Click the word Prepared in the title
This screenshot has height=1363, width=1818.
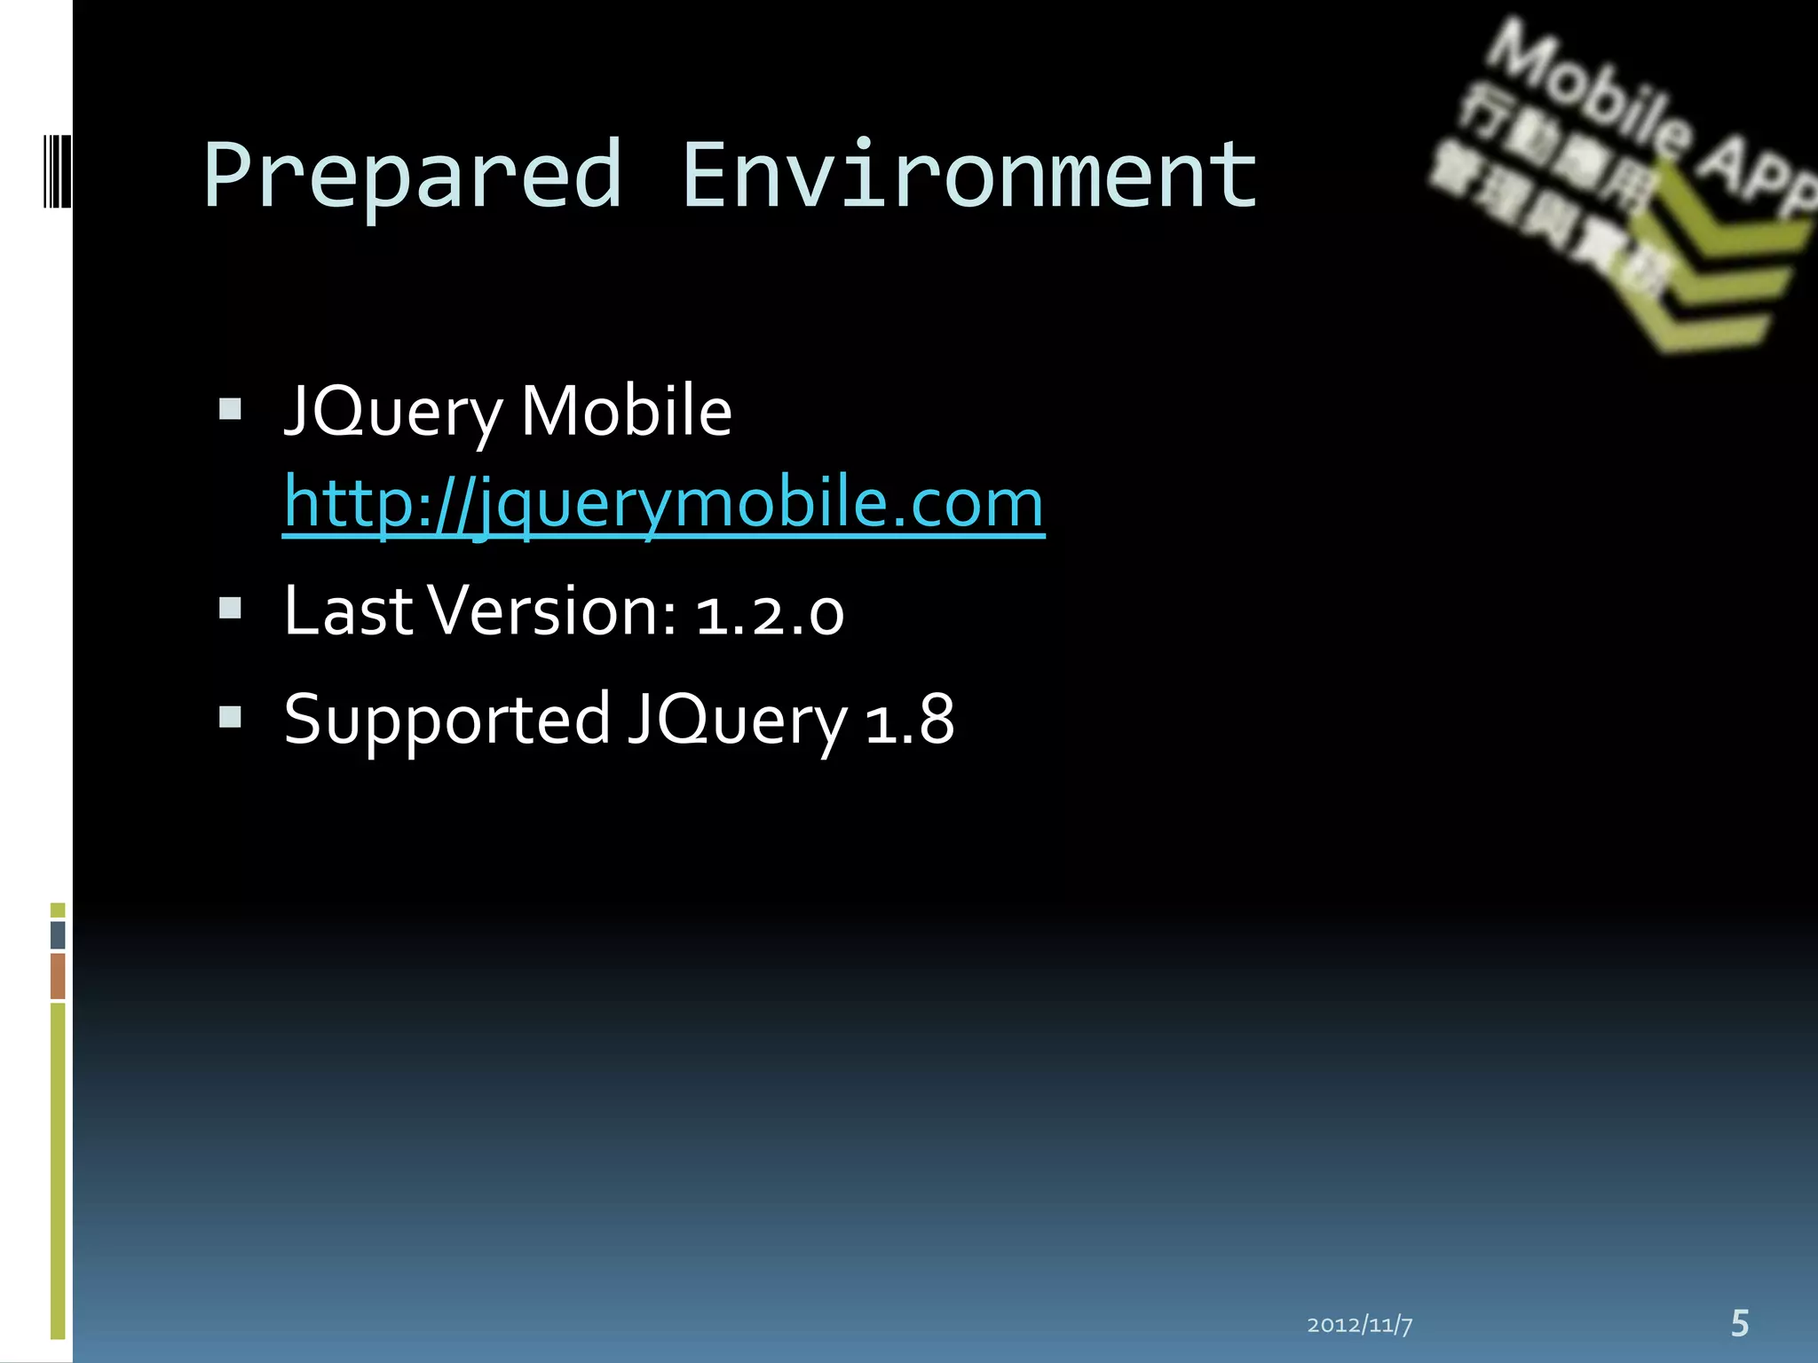(413, 176)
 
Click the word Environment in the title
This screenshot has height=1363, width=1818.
(969, 176)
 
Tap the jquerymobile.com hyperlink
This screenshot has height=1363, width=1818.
(663, 503)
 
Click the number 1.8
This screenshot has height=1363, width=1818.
(910, 719)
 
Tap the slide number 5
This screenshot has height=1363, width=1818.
(1740, 1323)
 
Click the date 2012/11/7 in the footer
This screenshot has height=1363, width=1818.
(1359, 1325)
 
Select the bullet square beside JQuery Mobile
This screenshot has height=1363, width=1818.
(230, 408)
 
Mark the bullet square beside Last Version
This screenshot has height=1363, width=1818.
(230, 608)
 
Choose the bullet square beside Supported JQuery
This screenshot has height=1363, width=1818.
(230, 716)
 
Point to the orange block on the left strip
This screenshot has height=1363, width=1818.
(58, 976)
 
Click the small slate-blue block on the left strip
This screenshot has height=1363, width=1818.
(58, 935)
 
